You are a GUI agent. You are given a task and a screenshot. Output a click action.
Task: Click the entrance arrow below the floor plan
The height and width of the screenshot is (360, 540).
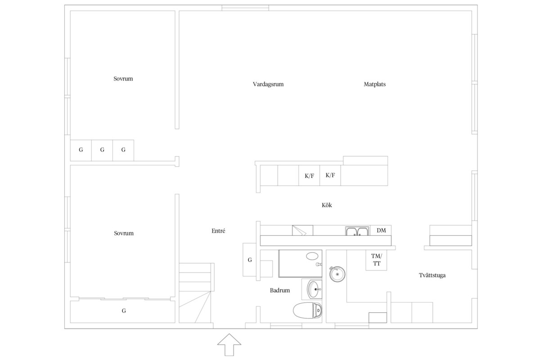229,345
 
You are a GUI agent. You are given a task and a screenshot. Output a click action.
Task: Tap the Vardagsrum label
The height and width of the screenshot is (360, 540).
268,84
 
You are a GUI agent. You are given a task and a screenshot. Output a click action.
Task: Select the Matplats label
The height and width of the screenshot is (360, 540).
375,84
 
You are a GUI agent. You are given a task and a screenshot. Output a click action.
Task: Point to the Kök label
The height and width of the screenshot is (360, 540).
327,205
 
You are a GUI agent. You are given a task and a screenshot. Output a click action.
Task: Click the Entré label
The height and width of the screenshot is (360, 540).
218,231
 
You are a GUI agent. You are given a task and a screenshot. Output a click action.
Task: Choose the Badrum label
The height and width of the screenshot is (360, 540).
280,291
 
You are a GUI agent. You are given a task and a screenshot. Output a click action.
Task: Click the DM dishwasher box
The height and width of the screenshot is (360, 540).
381,230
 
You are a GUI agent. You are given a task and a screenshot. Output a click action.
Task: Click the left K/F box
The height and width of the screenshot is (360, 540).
309,175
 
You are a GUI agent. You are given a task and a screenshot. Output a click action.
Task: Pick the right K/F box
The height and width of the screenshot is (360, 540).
330,175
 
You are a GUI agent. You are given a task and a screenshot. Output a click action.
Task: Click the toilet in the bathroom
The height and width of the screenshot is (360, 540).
308,310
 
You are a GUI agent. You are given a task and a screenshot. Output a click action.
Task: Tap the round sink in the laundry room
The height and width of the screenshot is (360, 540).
337,274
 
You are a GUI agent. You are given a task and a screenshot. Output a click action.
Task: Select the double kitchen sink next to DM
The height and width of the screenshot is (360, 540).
357,232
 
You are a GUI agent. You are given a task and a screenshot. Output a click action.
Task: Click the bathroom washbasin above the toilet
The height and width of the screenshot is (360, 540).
315,288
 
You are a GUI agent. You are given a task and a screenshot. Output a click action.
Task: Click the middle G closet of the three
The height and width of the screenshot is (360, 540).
102,150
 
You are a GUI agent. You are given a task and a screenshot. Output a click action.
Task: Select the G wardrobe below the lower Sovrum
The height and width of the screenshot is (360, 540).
123,311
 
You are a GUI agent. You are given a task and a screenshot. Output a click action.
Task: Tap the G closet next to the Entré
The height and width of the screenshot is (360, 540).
250,260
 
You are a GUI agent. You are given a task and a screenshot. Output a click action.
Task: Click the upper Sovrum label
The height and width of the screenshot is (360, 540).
123,79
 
